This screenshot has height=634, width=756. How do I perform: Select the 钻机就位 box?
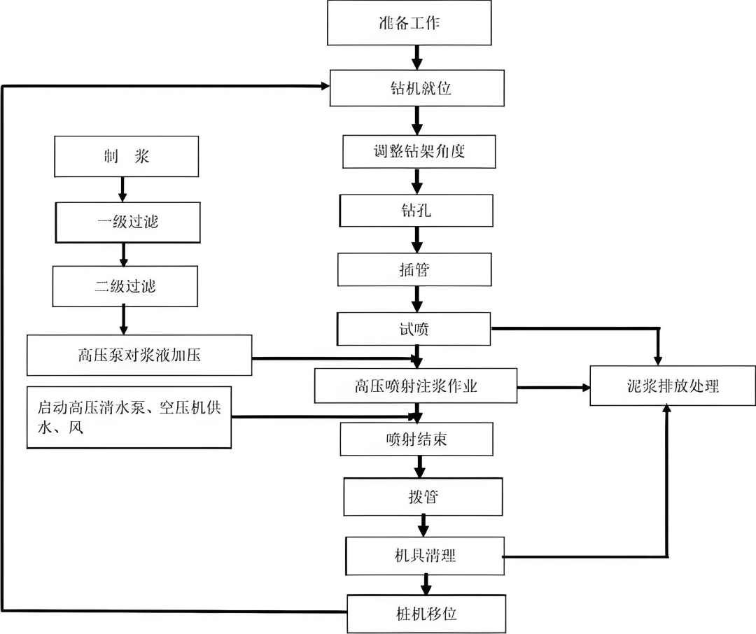pos(417,88)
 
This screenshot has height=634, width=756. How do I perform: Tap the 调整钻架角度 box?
pos(419,150)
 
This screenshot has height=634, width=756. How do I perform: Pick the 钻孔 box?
pos(416,210)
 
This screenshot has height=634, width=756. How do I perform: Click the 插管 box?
pos(416,269)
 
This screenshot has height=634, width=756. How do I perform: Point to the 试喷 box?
pos(414,329)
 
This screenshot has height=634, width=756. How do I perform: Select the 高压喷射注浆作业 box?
pos(416,386)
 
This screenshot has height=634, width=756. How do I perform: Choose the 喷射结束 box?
pos(416,439)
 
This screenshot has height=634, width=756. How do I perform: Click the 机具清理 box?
pos(424,556)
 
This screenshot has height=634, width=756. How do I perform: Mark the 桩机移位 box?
pos(426,613)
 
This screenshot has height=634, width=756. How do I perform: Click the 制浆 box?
pos(126,157)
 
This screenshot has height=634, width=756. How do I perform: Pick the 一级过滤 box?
pos(127,222)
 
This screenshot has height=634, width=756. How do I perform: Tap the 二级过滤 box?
pos(126,286)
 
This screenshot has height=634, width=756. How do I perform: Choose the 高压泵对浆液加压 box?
pos(139,355)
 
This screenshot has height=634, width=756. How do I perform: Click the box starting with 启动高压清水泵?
pos(129,416)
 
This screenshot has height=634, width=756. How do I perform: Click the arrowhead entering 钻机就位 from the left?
pos(325,85)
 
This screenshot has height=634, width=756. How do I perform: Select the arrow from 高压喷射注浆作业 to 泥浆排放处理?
pos(553,386)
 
